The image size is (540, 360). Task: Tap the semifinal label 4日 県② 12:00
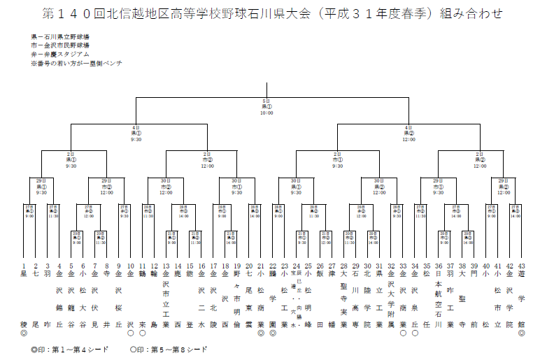pos(409,132)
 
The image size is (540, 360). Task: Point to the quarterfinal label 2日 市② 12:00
pos(206,159)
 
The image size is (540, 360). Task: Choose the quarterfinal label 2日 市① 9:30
pos(338,159)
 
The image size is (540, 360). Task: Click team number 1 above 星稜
pos(24,266)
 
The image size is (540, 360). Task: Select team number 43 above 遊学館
pos(521,266)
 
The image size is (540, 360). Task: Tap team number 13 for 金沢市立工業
pos(166,266)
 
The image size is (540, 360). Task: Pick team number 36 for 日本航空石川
pos(439,266)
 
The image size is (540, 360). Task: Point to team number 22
pos(272,266)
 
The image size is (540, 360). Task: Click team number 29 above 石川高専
pos(355,266)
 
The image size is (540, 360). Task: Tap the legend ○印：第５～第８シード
pos(169,347)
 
